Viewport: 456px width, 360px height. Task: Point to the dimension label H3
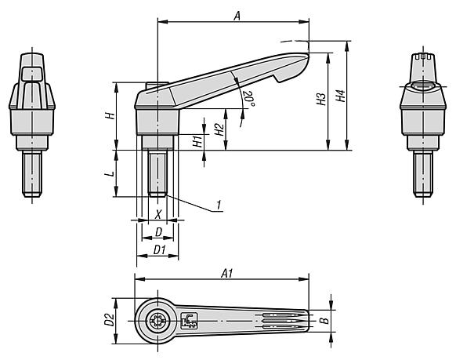(320, 100)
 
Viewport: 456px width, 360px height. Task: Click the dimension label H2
(219, 129)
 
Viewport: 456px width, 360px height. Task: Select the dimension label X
(157, 213)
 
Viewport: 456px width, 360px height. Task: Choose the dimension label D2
(110, 320)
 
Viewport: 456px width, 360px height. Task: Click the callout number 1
(220, 205)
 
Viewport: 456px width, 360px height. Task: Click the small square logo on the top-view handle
(189, 320)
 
